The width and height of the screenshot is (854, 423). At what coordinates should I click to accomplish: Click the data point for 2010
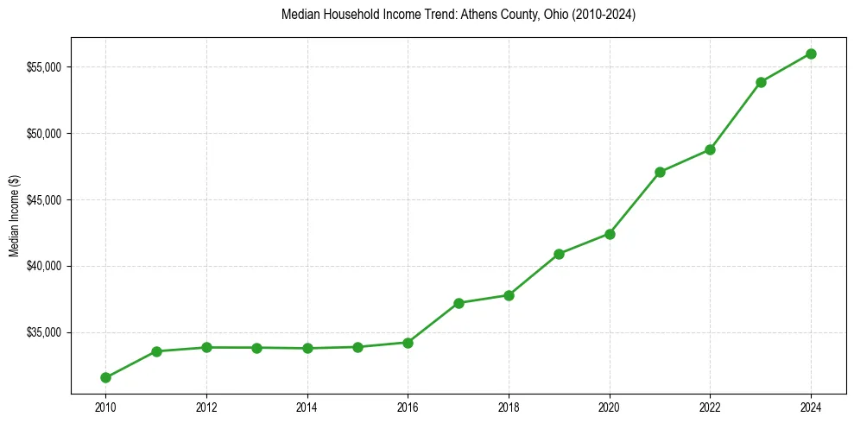[105, 377]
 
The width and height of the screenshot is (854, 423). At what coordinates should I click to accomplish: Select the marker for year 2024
[811, 54]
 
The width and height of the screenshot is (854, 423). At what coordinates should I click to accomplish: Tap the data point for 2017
[459, 303]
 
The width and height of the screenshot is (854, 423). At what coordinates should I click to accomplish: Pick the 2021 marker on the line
[660, 172]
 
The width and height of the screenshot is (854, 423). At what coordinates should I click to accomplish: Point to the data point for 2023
[761, 82]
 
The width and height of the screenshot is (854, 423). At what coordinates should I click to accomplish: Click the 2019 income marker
[559, 254]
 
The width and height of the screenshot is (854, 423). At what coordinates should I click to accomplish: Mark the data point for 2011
[156, 351]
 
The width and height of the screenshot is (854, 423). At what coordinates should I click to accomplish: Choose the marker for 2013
[256, 348]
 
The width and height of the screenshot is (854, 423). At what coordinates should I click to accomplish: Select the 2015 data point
[357, 347]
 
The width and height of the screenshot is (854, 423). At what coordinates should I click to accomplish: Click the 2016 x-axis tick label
[408, 406]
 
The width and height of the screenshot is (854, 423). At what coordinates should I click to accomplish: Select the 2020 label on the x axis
[610, 406]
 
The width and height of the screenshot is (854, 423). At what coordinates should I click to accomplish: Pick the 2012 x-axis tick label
[206, 406]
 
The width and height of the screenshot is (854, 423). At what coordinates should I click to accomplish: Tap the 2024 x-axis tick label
[811, 406]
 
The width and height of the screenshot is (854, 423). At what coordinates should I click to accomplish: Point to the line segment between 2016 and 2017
[433, 323]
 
